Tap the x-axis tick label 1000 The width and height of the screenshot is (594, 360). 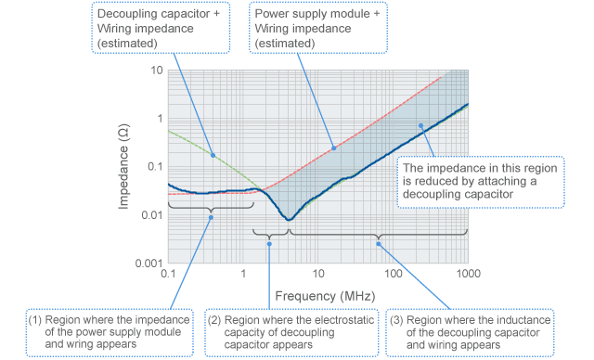467,275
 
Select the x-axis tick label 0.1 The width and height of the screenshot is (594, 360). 167,275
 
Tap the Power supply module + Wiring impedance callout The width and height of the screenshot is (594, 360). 321,27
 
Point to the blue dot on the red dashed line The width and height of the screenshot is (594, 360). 334,148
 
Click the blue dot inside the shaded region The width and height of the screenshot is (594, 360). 420,125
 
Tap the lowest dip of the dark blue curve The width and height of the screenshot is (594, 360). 291,220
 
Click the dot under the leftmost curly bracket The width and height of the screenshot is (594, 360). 211,217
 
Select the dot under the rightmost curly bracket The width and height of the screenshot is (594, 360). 378,242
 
